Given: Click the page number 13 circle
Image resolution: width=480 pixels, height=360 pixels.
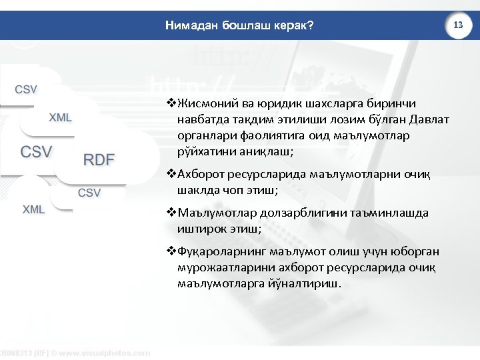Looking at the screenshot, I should pyautogui.click(x=458, y=24).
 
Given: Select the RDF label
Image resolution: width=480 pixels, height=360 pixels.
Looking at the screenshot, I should pyautogui.click(x=99, y=159).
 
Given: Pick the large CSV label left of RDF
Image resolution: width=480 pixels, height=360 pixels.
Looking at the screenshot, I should pyautogui.click(x=36, y=151).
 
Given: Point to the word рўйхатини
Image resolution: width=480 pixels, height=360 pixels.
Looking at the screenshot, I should pyautogui.click(x=204, y=152).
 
